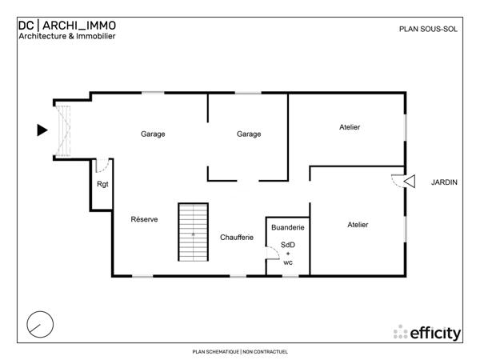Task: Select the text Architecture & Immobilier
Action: coord(66,36)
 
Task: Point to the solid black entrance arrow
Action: coord(42,130)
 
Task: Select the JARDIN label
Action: coord(444,182)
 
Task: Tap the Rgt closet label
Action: coord(102,185)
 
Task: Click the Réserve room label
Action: coord(144,219)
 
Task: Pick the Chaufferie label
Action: coord(237,237)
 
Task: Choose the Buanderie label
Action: coord(287,228)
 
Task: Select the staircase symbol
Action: coord(193,231)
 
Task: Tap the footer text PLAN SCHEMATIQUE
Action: coord(215,351)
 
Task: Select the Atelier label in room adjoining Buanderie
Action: coord(358,225)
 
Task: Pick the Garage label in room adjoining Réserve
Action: coord(153,134)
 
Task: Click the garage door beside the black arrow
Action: coord(63,130)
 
